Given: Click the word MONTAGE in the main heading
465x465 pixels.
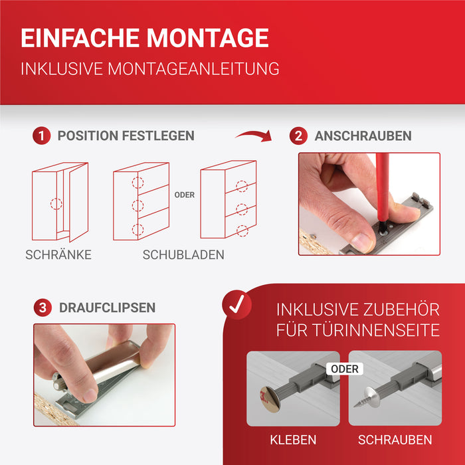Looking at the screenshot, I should click(x=208, y=38).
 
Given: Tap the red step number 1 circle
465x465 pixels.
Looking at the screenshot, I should click(x=41, y=136).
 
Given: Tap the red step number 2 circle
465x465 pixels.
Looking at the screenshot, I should click(x=298, y=136).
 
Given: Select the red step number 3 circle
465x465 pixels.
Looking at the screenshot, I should click(x=43, y=308).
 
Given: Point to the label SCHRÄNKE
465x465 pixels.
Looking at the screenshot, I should click(x=58, y=254).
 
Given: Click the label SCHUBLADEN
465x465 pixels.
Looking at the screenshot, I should click(x=183, y=254).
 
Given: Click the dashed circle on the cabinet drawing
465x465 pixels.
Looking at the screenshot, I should click(x=56, y=204).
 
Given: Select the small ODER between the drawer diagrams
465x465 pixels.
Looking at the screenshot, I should click(x=184, y=195).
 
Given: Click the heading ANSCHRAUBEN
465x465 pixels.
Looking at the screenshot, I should click(x=363, y=136).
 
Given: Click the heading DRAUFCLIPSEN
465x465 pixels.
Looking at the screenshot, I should click(x=107, y=308).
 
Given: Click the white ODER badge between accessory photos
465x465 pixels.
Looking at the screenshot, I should click(x=343, y=369).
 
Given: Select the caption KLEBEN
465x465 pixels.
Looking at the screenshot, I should click(x=293, y=440).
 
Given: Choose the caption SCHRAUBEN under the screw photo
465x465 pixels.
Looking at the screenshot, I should click(x=395, y=440).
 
